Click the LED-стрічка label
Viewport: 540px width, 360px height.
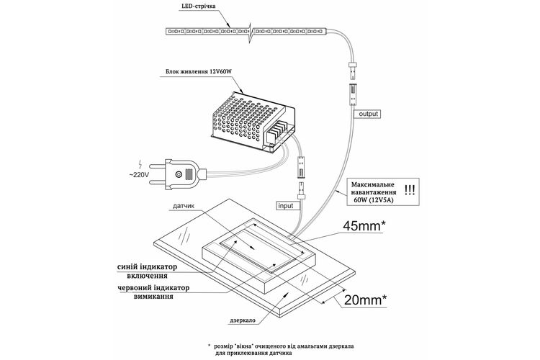(199, 6)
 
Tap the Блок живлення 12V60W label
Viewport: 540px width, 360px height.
(199, 72)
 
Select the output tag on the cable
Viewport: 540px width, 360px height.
(368, 114)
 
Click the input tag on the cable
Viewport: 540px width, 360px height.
(285, 206)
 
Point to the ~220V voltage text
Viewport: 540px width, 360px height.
(139, 175)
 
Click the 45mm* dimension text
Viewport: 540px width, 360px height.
(364, 225)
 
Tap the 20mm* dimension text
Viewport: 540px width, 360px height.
(365, 300)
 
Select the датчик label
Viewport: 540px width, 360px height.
(184, 206)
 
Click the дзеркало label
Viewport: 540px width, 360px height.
(243, 320)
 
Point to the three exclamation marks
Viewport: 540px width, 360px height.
(410, 190)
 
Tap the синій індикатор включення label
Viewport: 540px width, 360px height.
(147, 271)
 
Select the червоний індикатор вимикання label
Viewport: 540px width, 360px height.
(153, 292)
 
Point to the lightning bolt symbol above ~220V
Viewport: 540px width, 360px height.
(140, 164)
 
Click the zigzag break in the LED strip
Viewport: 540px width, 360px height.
(251, 32)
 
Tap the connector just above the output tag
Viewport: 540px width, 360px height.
(354, 94)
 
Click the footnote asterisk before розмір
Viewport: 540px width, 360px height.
(209, 345)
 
